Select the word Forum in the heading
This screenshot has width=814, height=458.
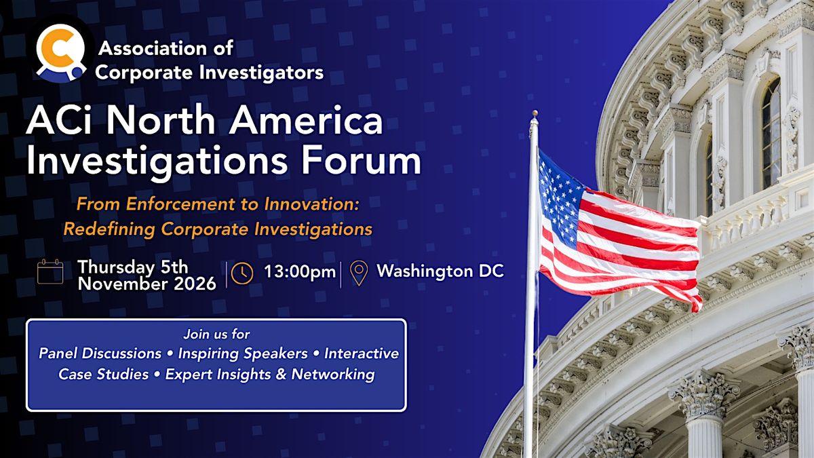click(x=361, y=160)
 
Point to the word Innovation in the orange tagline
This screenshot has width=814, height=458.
click(x=311, y=204)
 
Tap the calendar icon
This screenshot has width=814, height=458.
click(x=50, y=271)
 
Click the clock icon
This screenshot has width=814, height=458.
click(x=242, y=273)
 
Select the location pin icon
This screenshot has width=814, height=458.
click(x=359, y=273)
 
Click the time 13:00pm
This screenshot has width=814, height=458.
click(x=300, y=271)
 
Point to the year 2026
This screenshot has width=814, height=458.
click(x=195, y=284)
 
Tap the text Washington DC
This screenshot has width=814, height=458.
click(x=440, y=271)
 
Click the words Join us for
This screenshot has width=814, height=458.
click(x=216, y=334)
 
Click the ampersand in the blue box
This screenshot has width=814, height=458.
click(x=281, y=375)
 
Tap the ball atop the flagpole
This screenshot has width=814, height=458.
click(x=535, y=113)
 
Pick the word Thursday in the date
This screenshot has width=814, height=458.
click(x=116, y=267)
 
